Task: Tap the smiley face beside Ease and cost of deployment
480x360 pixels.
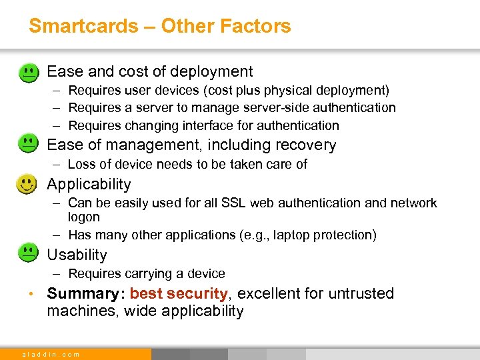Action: [27, 72]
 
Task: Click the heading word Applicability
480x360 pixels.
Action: [89, 185]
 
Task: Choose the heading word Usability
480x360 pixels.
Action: [77, 255]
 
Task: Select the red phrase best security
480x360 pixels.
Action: [179, 293]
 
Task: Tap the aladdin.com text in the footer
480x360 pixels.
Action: [51, 355]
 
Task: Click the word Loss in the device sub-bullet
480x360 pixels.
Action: [82, 164]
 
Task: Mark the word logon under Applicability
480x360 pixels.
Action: [83, 217]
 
